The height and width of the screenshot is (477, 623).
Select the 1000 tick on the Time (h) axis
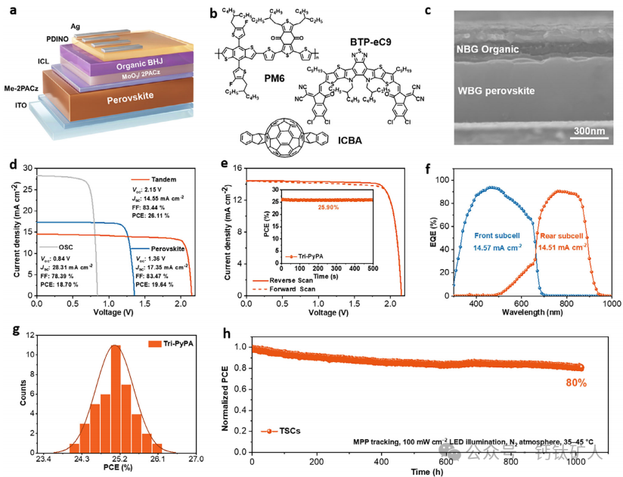(577, 460)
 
